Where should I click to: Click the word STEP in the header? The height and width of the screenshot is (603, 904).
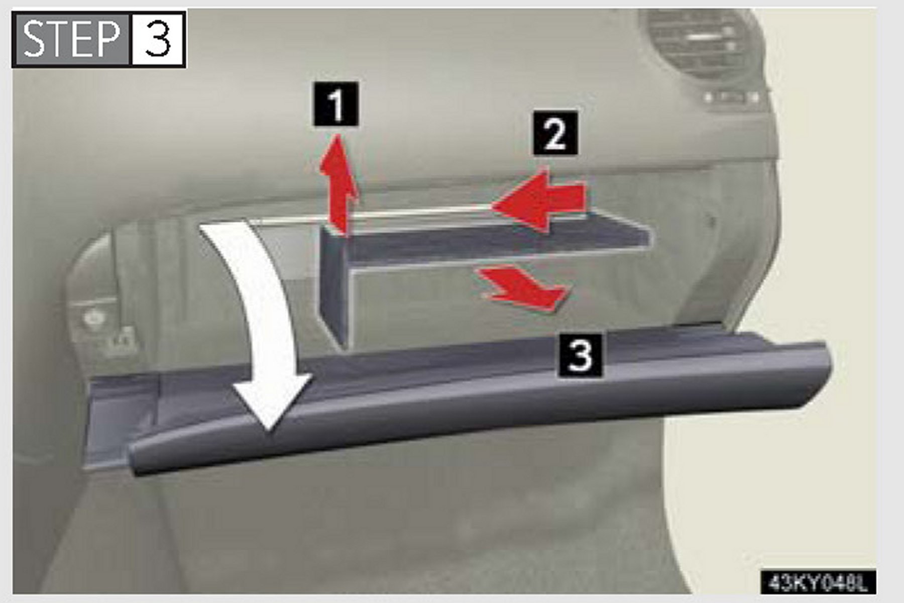coord(72,39)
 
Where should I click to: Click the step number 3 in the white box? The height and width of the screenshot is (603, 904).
coord(157,39)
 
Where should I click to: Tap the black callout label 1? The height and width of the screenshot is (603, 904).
coord(335,104)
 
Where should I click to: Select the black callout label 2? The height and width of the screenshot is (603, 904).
coord(555,132)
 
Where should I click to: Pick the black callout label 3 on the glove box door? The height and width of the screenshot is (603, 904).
coord(579,355)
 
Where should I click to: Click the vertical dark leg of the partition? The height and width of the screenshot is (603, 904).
coord(334,286)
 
